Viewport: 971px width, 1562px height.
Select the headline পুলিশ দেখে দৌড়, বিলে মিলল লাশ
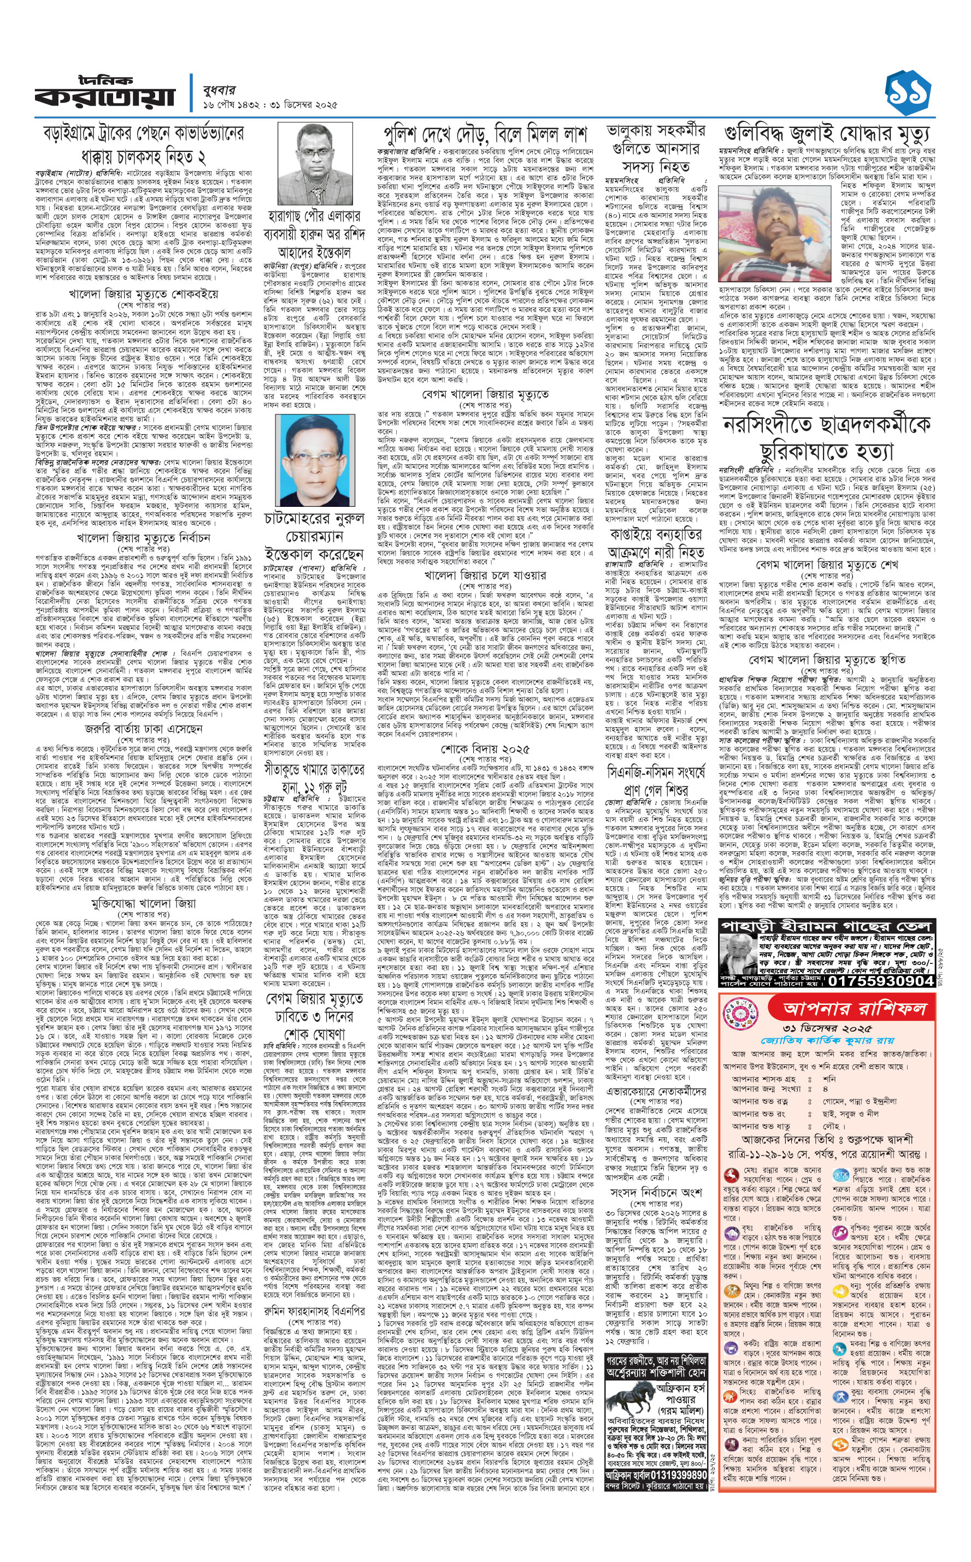pos(485,134)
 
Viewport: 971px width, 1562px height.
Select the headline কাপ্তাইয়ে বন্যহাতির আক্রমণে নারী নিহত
pos(656,543)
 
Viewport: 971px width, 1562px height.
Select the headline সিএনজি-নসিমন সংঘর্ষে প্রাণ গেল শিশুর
pos(656,780)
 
